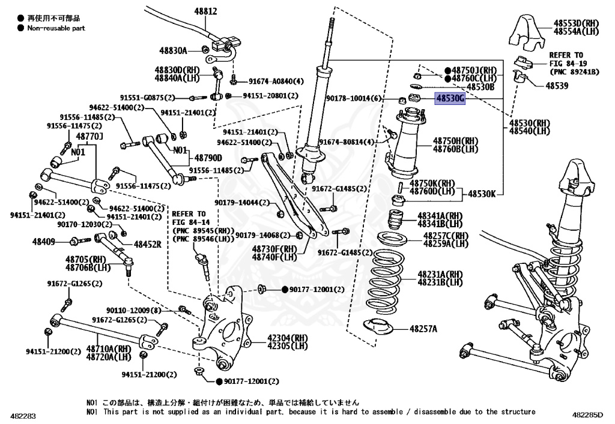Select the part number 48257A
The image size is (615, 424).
[x=423, y=329]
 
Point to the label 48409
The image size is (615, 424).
[x=44, y=242]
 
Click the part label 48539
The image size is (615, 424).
[x=557, y=86]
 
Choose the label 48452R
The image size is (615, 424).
[x=147, y=245]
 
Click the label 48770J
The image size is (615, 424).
[x=90, y=137]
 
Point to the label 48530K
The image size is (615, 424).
[x=482, y=194]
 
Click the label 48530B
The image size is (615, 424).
[x=480, y=86]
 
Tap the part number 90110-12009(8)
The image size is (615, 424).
[x=134, y=311]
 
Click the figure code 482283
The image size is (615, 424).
[x=23, y=415]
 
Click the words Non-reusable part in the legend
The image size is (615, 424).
[x=56, y=28]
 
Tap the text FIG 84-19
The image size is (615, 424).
[x=566, y=64]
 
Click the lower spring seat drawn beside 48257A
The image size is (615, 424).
[x=380, y=327]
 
